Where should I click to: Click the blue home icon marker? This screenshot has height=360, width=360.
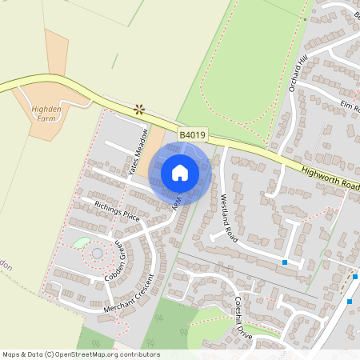click(x=180, y=171)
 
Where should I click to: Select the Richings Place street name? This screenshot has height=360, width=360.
click(x=117, y=214)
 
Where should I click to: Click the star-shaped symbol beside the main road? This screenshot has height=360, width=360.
click(x=140, y=108)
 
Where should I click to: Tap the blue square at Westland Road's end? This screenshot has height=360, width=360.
click(x=284, y=262)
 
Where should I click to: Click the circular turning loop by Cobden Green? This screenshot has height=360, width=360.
click(x=97, y=254)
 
